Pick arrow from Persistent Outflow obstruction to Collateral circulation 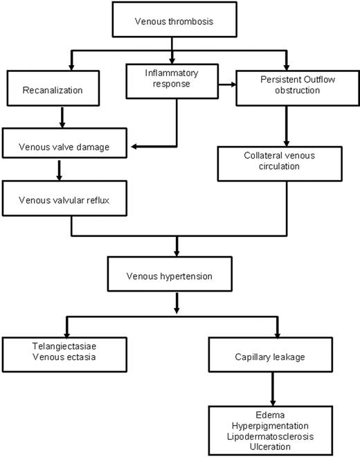(285, 125)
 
